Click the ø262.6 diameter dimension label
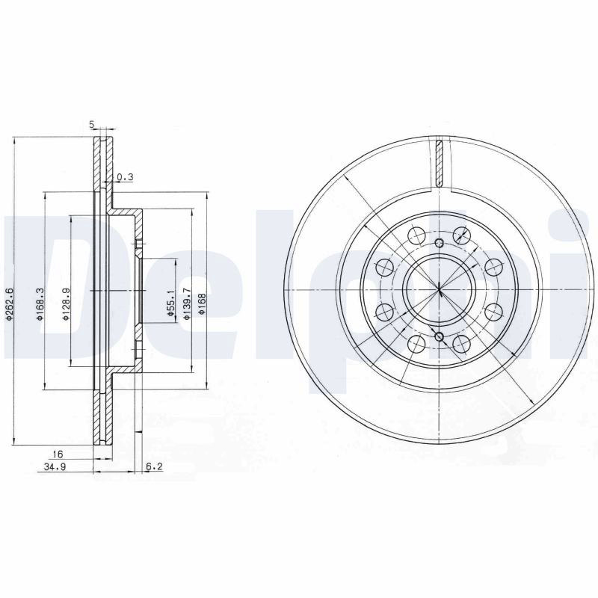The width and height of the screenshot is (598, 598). [10, 303]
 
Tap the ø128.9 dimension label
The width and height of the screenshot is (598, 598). [66, 304]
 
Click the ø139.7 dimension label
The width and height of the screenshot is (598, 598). [186, 303]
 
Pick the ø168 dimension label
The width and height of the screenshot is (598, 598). [202, 304]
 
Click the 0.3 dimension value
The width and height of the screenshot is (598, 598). [125, 177]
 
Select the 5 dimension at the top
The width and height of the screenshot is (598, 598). [91, 124]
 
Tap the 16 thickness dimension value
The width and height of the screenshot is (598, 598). [58, 454]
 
